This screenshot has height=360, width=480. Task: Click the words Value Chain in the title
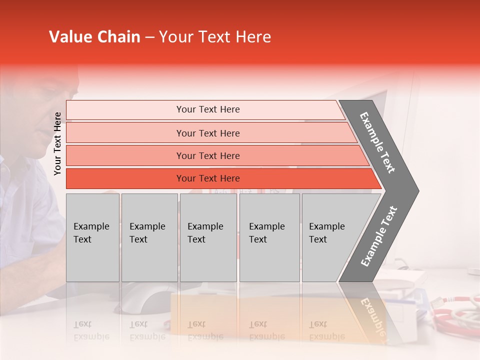[x=94, y=37]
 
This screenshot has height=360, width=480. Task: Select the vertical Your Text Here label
[x=57, y=143]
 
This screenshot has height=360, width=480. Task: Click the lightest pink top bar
[x=207, y=109]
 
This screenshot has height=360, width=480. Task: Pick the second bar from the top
[x=207, y=133]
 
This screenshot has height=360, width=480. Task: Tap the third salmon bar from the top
[x=207, y=155]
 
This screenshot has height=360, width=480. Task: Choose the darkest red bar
[x=207, y=178]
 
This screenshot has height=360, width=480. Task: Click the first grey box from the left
[x=92, y=237]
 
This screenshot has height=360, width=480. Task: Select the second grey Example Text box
[x=149, y=237]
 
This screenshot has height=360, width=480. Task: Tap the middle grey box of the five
[x=208, y=237]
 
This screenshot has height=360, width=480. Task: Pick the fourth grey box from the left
[x=269, y=237]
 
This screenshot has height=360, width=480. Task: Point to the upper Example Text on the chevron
[x=377, y=142]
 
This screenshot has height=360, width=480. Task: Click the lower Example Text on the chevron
[x=378, y=236]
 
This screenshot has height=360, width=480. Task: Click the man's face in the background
[x=55, y=110]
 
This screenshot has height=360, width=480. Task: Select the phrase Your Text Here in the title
[x=215, y=37]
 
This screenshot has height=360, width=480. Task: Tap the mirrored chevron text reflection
[x=372, y=317]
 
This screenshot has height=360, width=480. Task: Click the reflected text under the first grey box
[x=91, y=331]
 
